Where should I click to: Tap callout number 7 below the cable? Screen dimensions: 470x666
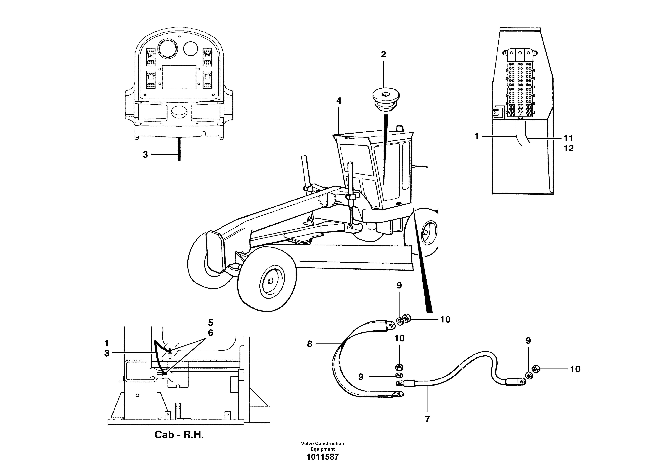click(x=427, y=419)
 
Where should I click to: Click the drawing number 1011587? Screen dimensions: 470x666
click(x=323, y=457)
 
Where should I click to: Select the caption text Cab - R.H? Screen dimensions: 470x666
click(x=179, y=435)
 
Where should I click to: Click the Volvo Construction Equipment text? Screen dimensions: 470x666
click(x=323, y=446)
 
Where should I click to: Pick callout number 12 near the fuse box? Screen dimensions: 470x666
click(x=569, y=148)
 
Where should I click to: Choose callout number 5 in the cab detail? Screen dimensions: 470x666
click(x=211, y=322)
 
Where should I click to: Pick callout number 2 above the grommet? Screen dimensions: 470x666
click(x=384, y=54)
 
